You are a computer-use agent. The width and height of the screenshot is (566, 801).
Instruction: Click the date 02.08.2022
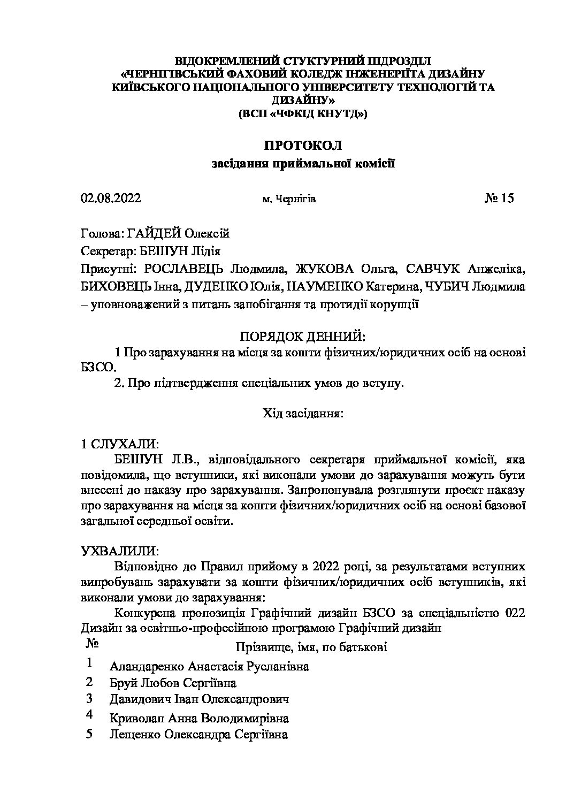click(x=111, y=199)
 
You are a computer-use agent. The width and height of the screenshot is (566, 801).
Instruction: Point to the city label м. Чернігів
click(x=289, y=200)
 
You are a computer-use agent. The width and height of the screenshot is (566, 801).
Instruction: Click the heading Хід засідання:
click(x=303, y=413)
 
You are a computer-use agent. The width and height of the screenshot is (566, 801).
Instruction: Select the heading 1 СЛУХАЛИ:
click(x=119, y=444)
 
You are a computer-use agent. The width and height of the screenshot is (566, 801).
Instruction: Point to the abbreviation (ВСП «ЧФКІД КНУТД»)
click(x=303, y=113)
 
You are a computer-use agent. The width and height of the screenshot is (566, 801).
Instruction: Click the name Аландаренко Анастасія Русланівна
click(x=209, y=667)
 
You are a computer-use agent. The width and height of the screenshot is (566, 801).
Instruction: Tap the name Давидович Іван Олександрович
click(x=199, y=700)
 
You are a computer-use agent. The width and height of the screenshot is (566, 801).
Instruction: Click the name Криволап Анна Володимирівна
click(x=199, y=718)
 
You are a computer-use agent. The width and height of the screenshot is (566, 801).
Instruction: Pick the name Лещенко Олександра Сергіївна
click(x=198, y=735)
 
